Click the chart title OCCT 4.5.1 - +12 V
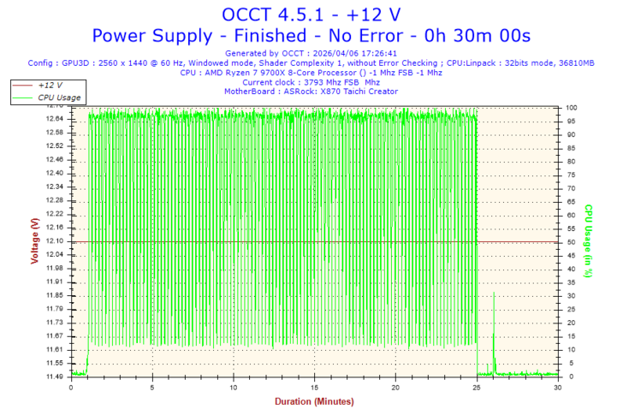point(311,15)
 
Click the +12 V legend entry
point(50,86)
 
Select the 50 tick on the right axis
point(569,241)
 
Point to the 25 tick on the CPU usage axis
point(569,309)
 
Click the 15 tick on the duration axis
point(315,387)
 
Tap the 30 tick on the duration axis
point(558,387)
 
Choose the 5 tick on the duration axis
point(152,387)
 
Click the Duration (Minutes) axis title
point(314,401)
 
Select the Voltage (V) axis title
point(34,241)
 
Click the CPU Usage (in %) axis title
point(589,241)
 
